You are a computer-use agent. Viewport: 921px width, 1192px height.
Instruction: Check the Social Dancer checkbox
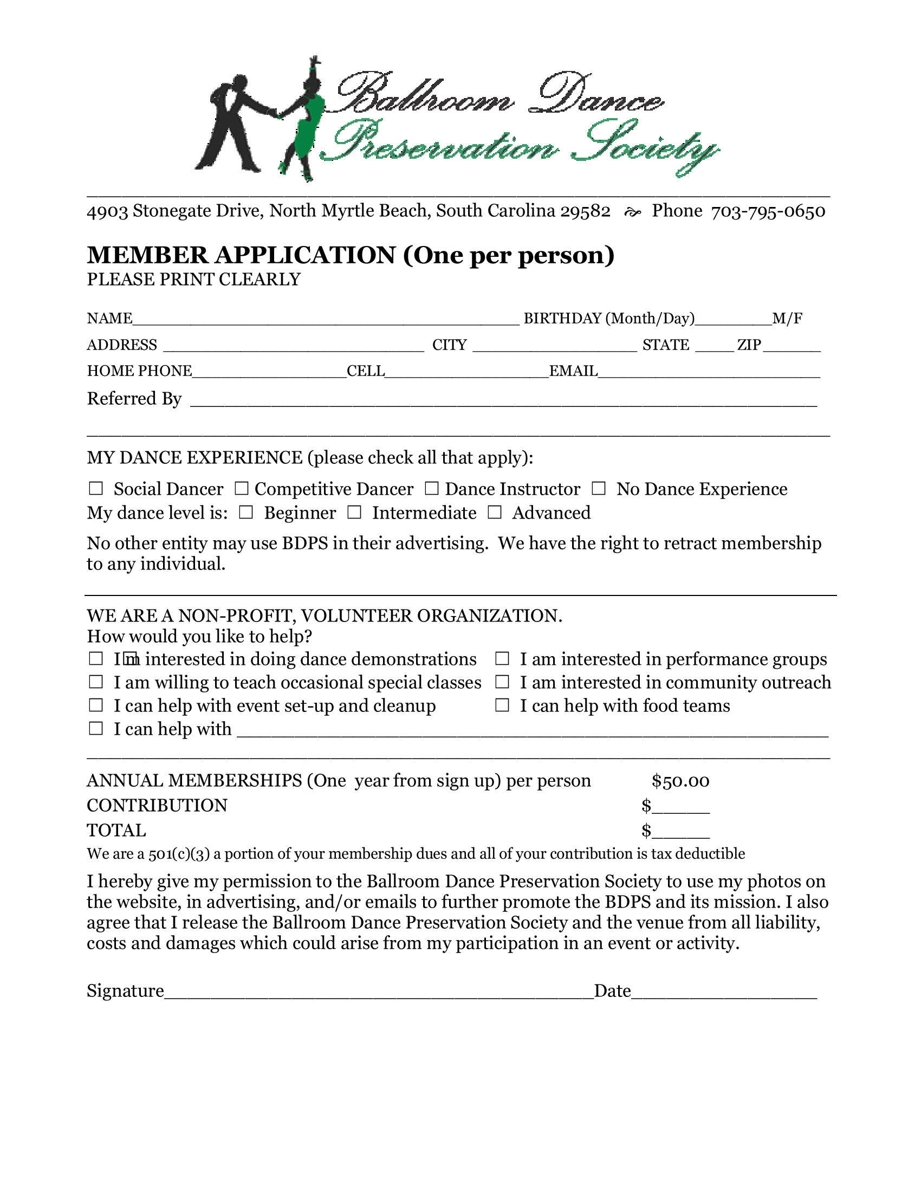tap(95, 489)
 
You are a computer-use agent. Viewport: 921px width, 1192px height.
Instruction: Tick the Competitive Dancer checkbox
tap(241, 489)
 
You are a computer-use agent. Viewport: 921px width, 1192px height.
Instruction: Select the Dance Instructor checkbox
tap(432, 489)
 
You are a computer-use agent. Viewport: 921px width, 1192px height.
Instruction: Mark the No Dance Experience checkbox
tap(599, 489)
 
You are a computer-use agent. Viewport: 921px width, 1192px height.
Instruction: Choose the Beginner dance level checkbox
tap(246, 513)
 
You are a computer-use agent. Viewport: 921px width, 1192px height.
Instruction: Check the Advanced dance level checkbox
tap(494, 513)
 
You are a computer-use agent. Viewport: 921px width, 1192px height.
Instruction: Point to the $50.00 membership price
tap(680, 781)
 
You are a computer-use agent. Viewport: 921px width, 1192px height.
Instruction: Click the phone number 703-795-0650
tap(768, 211)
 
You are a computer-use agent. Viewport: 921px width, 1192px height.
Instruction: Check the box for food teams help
tap(502, 705)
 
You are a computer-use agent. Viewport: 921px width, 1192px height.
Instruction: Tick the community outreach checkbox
tap(502, 682)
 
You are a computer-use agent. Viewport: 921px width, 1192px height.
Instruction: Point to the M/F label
tap(787, 318)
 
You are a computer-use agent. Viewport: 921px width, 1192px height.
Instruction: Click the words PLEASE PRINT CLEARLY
tap(194, 280)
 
